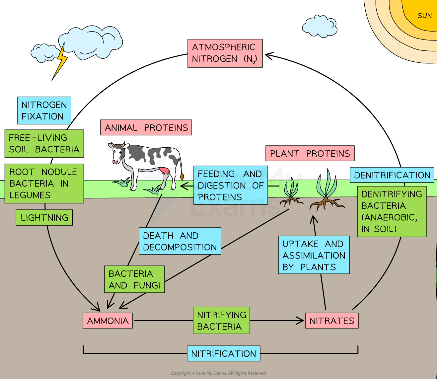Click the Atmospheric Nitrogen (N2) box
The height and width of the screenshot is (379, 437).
225,53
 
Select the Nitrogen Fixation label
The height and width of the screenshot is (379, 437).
44,111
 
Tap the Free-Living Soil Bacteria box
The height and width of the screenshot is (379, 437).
44,143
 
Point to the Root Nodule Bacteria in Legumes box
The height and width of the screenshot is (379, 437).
44,183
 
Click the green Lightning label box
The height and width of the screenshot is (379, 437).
44,218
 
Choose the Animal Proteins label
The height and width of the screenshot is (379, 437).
146,127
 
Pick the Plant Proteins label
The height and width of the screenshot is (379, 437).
310,153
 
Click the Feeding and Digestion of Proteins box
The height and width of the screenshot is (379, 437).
231,185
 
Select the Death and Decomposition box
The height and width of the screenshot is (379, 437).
180,241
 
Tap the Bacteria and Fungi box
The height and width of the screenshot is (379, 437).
134,279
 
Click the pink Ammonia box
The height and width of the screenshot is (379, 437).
108,321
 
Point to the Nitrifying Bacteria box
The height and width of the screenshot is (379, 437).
221,320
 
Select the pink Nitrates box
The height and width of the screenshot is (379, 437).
332,321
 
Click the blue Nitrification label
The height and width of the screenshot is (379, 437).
224,353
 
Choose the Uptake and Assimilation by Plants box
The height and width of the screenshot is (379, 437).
314,255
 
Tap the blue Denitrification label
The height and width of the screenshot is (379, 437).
392,175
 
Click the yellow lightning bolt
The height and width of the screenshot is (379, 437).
61,60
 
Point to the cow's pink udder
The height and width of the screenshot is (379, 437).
164,171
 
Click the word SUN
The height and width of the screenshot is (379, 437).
424,16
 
